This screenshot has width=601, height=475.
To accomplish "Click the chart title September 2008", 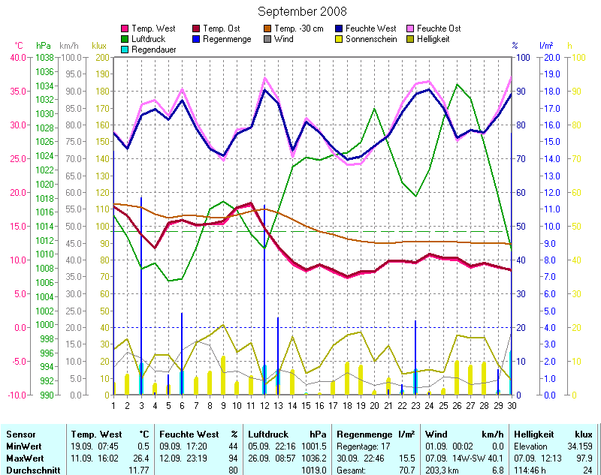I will point(302,11).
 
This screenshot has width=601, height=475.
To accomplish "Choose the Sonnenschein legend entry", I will point(373,39).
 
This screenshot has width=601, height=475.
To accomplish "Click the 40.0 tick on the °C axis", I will point(17,57).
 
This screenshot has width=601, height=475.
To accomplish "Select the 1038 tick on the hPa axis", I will point(44,57).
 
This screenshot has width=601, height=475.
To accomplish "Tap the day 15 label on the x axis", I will point(307,406).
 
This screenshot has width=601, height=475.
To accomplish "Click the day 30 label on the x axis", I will point(512,406).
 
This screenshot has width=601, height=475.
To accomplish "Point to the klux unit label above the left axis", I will point(99,46).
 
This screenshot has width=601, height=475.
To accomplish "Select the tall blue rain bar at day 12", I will point(264,300).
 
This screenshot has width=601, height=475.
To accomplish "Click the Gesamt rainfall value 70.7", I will point(406,469).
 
